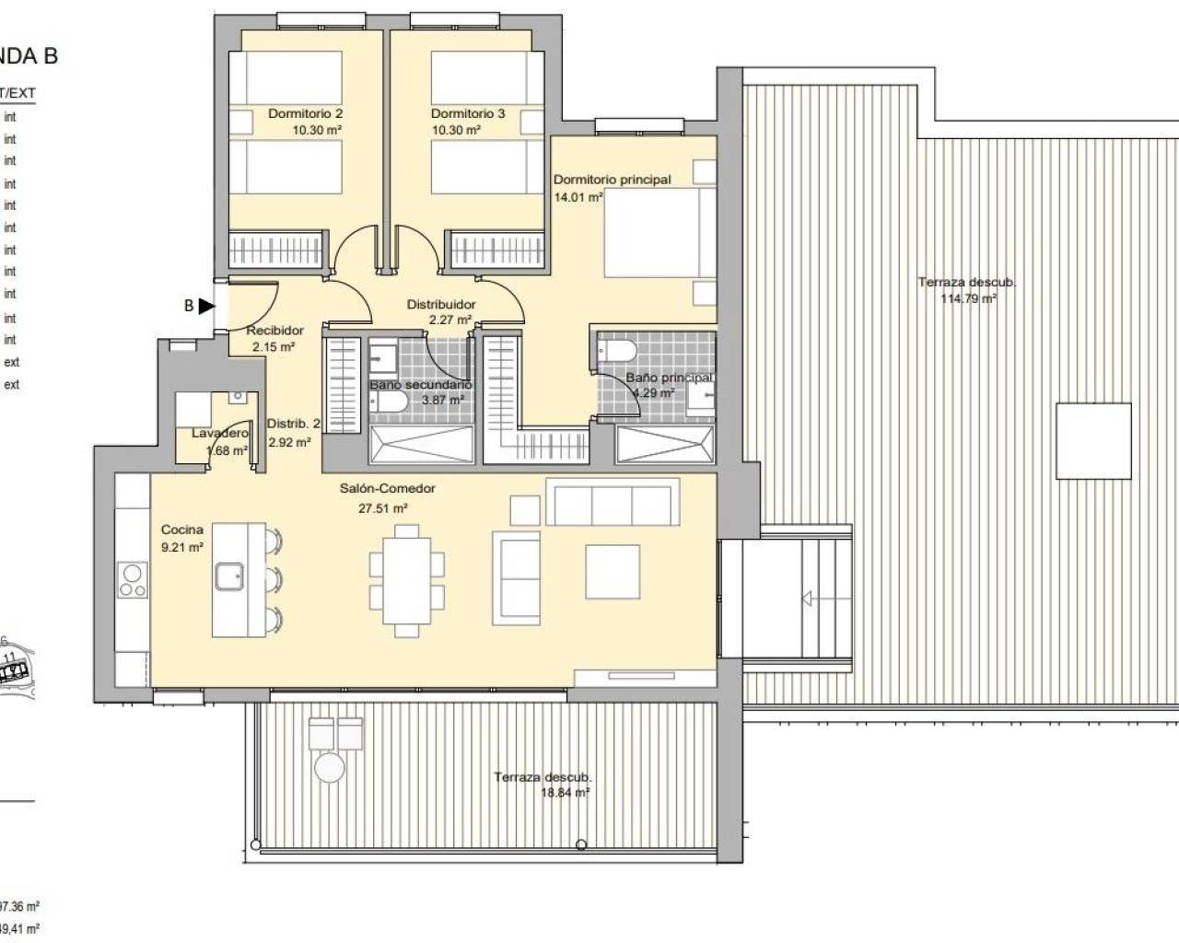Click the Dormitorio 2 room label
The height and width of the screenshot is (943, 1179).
click(305, 114)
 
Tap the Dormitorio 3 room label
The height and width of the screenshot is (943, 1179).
click(468, 114)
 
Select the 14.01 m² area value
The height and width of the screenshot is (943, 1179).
click(578, 197)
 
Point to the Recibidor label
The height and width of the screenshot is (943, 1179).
click(274, 331)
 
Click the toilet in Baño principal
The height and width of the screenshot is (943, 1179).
click(616, 351)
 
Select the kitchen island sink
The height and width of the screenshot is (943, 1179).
click(228, 578)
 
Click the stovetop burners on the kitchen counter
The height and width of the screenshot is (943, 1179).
click(133, 580)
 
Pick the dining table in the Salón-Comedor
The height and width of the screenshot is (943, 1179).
click(406, 579)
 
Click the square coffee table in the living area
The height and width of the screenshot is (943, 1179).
click(613, 572)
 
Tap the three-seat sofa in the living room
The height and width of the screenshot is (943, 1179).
click(611, 502)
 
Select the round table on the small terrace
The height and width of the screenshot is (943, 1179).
click(329, 767)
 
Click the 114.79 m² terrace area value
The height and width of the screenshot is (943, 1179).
click(967, 298)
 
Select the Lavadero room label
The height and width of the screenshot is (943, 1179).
click(220, 433)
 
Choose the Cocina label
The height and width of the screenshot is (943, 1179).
click(181, 530)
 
